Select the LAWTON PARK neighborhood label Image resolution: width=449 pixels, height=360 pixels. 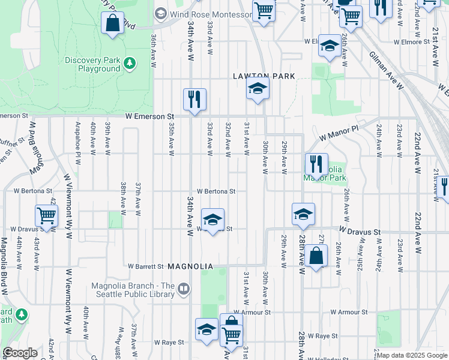[x=264, y=76]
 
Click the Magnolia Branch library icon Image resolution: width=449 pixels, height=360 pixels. [x=184, y=290]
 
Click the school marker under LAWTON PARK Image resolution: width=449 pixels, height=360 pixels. [x=258, y=89]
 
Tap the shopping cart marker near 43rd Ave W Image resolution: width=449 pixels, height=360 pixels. [x=46, y=215]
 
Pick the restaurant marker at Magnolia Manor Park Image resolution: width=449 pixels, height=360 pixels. [x=316, y=164]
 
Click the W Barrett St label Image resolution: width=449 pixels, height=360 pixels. [x=146, y=266]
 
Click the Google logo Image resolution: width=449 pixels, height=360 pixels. [x=20, y=353]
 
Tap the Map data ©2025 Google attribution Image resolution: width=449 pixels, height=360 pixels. [x=412, y=355]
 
